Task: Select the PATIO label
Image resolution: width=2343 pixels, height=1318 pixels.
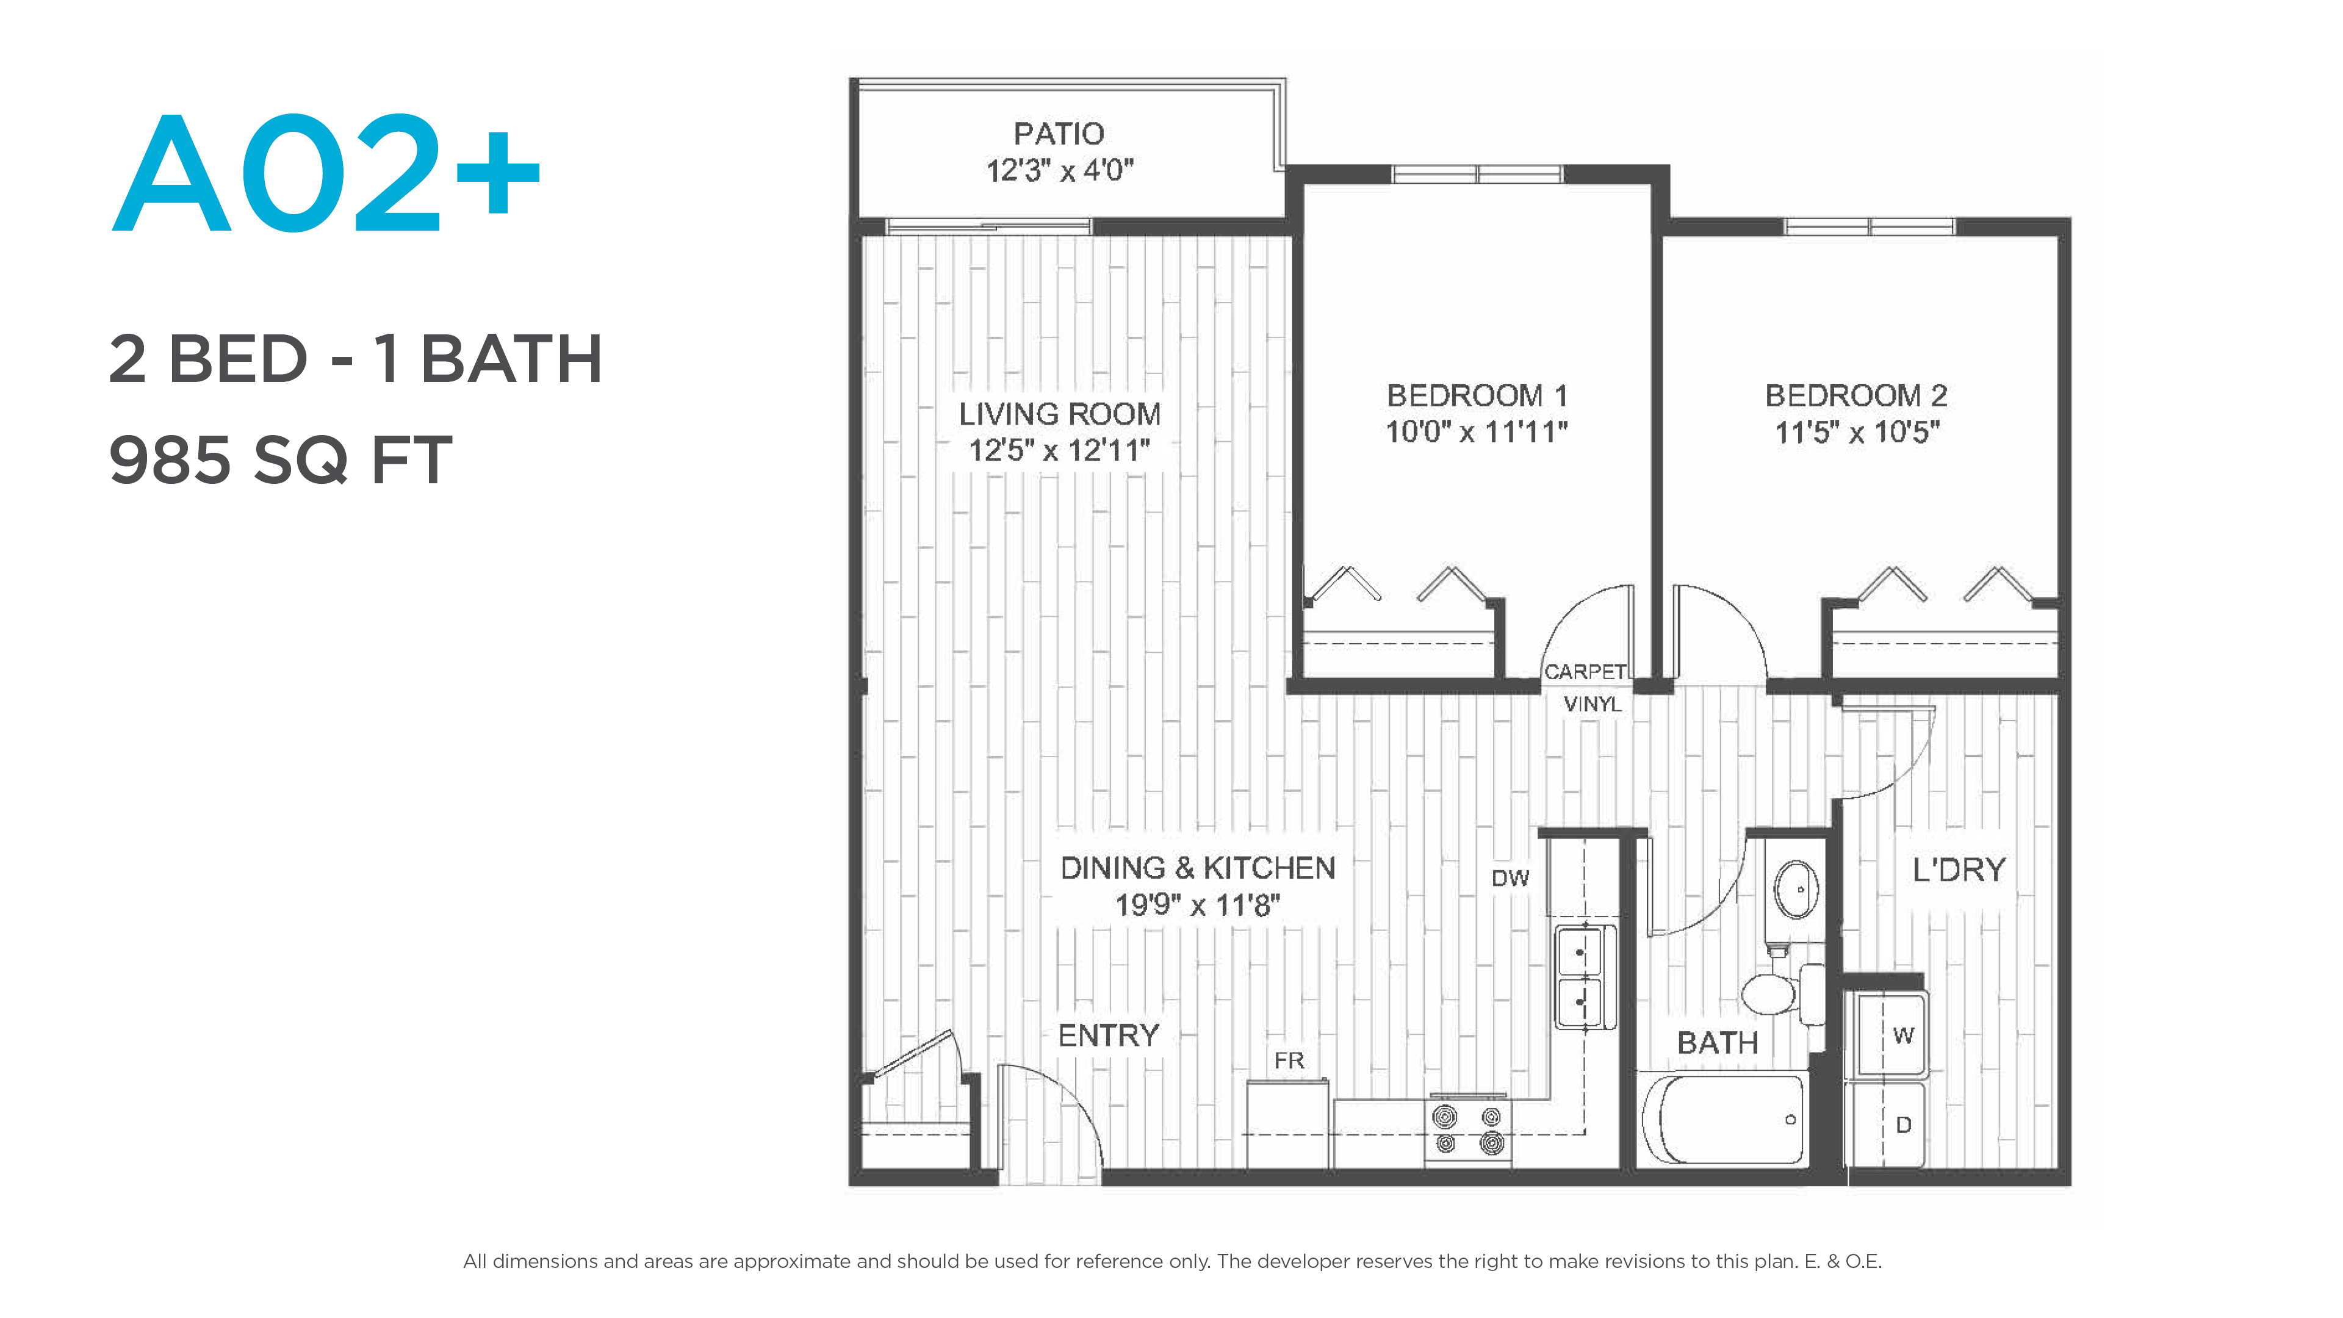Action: (x=1059, y=134)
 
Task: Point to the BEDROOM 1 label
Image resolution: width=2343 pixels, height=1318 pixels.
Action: (x=1477, y=395)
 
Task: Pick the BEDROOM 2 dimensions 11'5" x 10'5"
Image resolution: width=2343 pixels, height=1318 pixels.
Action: (x=1856, y=432)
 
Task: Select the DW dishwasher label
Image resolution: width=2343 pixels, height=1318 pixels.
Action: (x=1510, y=879)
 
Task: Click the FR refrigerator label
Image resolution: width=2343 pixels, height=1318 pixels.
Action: (x=1289, y=1061)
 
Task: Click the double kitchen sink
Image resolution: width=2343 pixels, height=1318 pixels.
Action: (x=1585, y=977)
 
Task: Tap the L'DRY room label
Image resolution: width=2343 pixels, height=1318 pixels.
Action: (x=1958, y=871)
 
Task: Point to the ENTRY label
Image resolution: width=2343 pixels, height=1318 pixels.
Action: (x=1109, y=1035)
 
